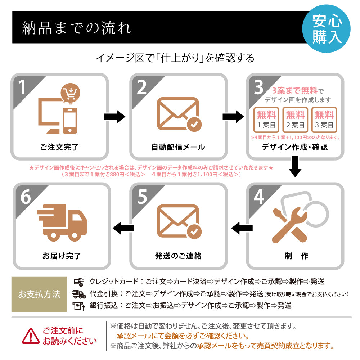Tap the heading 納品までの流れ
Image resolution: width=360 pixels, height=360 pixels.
pyautogui.click(x=77, y=28)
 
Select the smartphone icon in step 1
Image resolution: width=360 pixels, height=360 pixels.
pyautogui.click(x=70, y=120)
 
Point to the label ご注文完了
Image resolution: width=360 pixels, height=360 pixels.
pyautogui.click(x=59, y=147)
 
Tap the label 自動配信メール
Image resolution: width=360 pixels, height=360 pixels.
pyautogui.click(x=178, y=147)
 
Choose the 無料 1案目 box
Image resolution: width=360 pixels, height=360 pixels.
pyautogui.click(x=266, y=120)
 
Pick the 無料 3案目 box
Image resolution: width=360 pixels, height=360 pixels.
pyautogui.click(x=324, y=120)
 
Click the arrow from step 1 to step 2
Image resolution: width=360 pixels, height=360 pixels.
pyautogui.click(x=114, y=117)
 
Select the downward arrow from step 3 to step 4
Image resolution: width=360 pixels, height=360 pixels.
pyautogui.click(x=295, y=166)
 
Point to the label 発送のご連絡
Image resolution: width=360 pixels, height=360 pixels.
pyautogui.click(x=178, y=256)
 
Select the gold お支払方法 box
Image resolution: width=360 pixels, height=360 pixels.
pyautogui.click(x=39, y=294)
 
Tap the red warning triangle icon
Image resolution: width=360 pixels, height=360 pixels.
pyautogui.click(x=31, y=336)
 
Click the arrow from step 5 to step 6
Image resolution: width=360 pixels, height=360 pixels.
pyautogui.click(x=123, y=227)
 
